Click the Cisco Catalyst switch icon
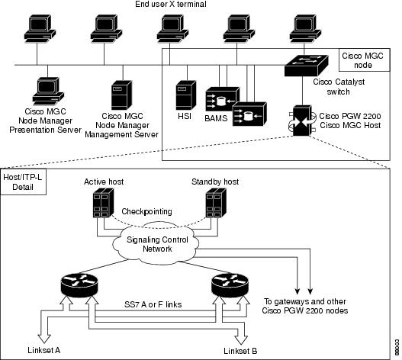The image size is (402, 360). (x=307, y=66)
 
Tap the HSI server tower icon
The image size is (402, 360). (x=186, y=95)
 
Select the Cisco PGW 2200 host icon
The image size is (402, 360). (x=302, y=121)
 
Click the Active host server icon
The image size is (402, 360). (x=103, y=203)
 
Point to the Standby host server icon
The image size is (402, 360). (x=216, y=203)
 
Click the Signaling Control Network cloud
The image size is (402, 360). (x=156, y=243)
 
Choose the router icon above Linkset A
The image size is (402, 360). (x=79, y=284)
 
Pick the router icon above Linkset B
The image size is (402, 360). (x=230, y=284)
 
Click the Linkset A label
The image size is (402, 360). (x=43, y=350)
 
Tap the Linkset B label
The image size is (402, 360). (x=240, y=351)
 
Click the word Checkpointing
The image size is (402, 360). (x=146, y=211)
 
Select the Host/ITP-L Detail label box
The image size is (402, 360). (x=24, y=182)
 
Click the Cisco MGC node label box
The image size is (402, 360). (x=365, y=60)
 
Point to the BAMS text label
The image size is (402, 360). (x=216, y=118)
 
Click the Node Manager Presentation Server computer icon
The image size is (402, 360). (x=48, y=91)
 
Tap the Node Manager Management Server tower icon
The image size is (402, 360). (x=122, y=95)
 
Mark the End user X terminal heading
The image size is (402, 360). (x=171, y=4)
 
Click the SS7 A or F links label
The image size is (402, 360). (x=153, y=304)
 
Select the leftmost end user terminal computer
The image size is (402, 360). (x=40, y=29)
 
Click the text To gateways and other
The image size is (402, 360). (x=305, y=301)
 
